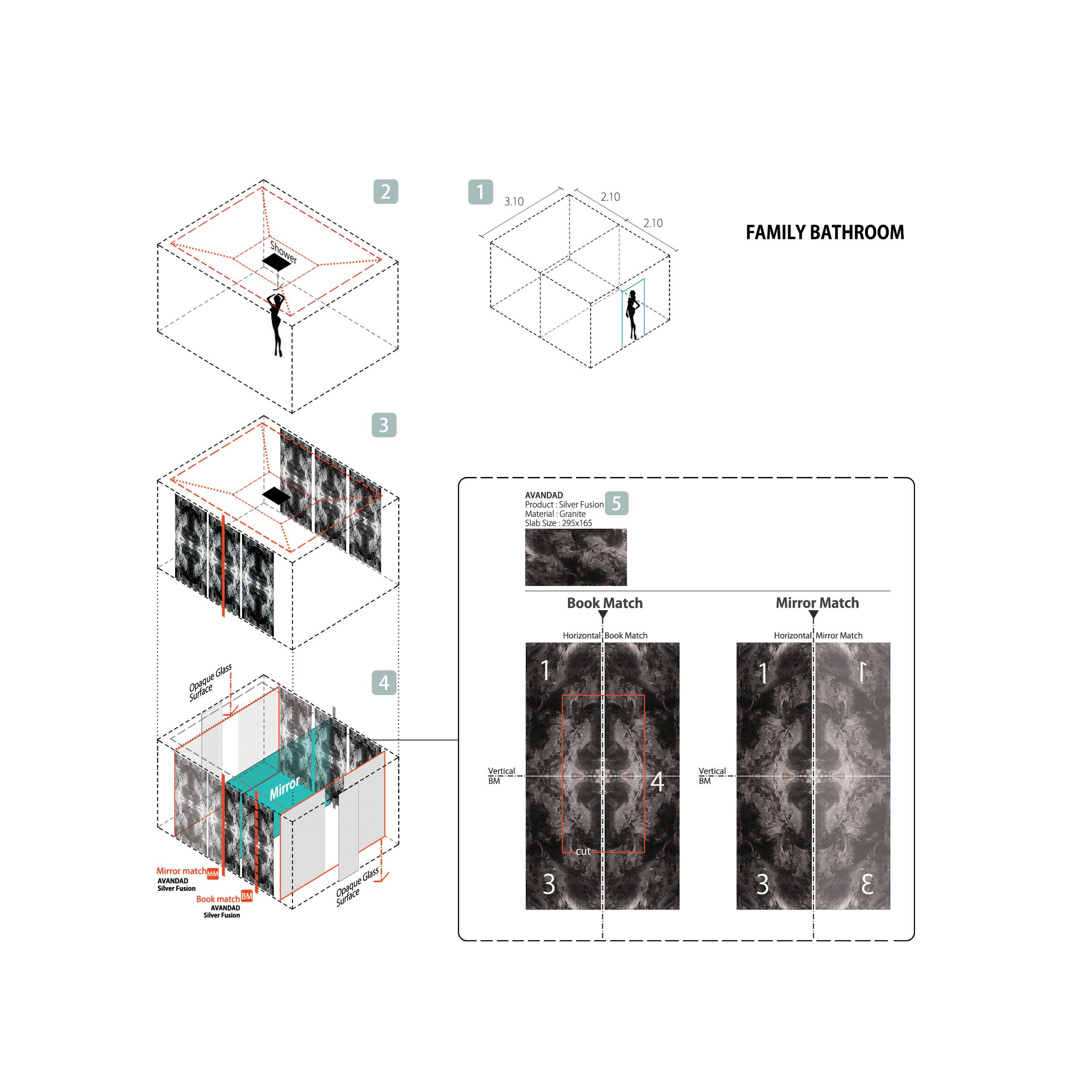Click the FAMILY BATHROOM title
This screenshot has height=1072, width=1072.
(x=824, y=232)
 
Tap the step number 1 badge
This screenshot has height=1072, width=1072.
(x=480, y=192)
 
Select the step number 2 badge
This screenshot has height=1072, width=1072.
(x=386, y=191)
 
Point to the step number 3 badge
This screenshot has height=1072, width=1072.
(x=384, y=425)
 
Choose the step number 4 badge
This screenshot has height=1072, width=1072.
(x=384, y=683)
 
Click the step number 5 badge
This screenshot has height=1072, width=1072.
(x=617, y=503)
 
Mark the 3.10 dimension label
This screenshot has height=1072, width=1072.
(x=514, y=201)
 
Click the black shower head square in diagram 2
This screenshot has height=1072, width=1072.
(x=277, y=263)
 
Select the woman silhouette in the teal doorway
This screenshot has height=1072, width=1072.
(x=633, y=315)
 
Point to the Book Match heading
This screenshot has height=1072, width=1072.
(x=605, y=603)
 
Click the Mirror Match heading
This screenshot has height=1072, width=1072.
(x=817, y=603)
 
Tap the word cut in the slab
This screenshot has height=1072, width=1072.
(x=583, y=851)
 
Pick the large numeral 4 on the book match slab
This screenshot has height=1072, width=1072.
(x=658, y=782)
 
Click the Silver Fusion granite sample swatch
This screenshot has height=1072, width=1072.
(x=576, y=557)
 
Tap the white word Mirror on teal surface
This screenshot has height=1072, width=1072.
(x=285, y=788)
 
